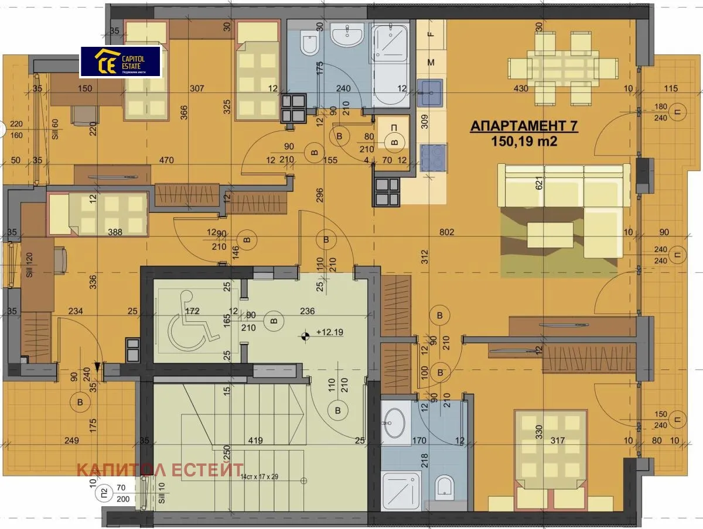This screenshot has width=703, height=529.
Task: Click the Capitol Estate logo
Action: [120, 61]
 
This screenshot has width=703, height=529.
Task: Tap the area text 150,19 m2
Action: [524, 141]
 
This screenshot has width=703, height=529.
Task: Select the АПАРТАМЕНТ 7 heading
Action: [524, 127]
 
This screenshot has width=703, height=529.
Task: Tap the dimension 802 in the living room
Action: [446, 232]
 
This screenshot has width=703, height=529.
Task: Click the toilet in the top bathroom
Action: [308, 43]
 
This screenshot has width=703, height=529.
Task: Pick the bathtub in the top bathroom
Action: [391, 65]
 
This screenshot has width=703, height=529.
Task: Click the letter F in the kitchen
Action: [431, 33]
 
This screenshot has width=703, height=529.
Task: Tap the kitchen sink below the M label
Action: [431, 92]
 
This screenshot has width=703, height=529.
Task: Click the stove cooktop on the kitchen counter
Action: [432, 154]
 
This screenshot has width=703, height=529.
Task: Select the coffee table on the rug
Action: [551, 235]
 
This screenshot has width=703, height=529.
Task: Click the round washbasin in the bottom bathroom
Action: [396, 422]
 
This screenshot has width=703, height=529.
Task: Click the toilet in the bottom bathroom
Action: [445, 486]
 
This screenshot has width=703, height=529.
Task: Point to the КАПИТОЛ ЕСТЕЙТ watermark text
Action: [160, 469]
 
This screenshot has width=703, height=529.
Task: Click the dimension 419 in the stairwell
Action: [254, 441]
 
